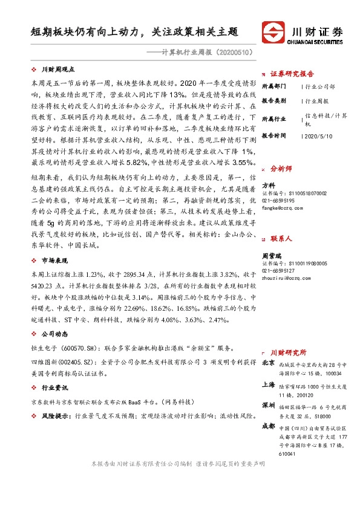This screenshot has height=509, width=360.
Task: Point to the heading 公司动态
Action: (54, 334)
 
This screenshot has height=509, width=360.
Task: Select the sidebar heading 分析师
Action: (281, 169)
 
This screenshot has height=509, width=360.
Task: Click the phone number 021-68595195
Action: (278, 200)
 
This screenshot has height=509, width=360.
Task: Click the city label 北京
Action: (269, 363)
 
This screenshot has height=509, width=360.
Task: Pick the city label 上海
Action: (269, 385)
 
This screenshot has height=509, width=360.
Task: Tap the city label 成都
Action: (269, 426)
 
